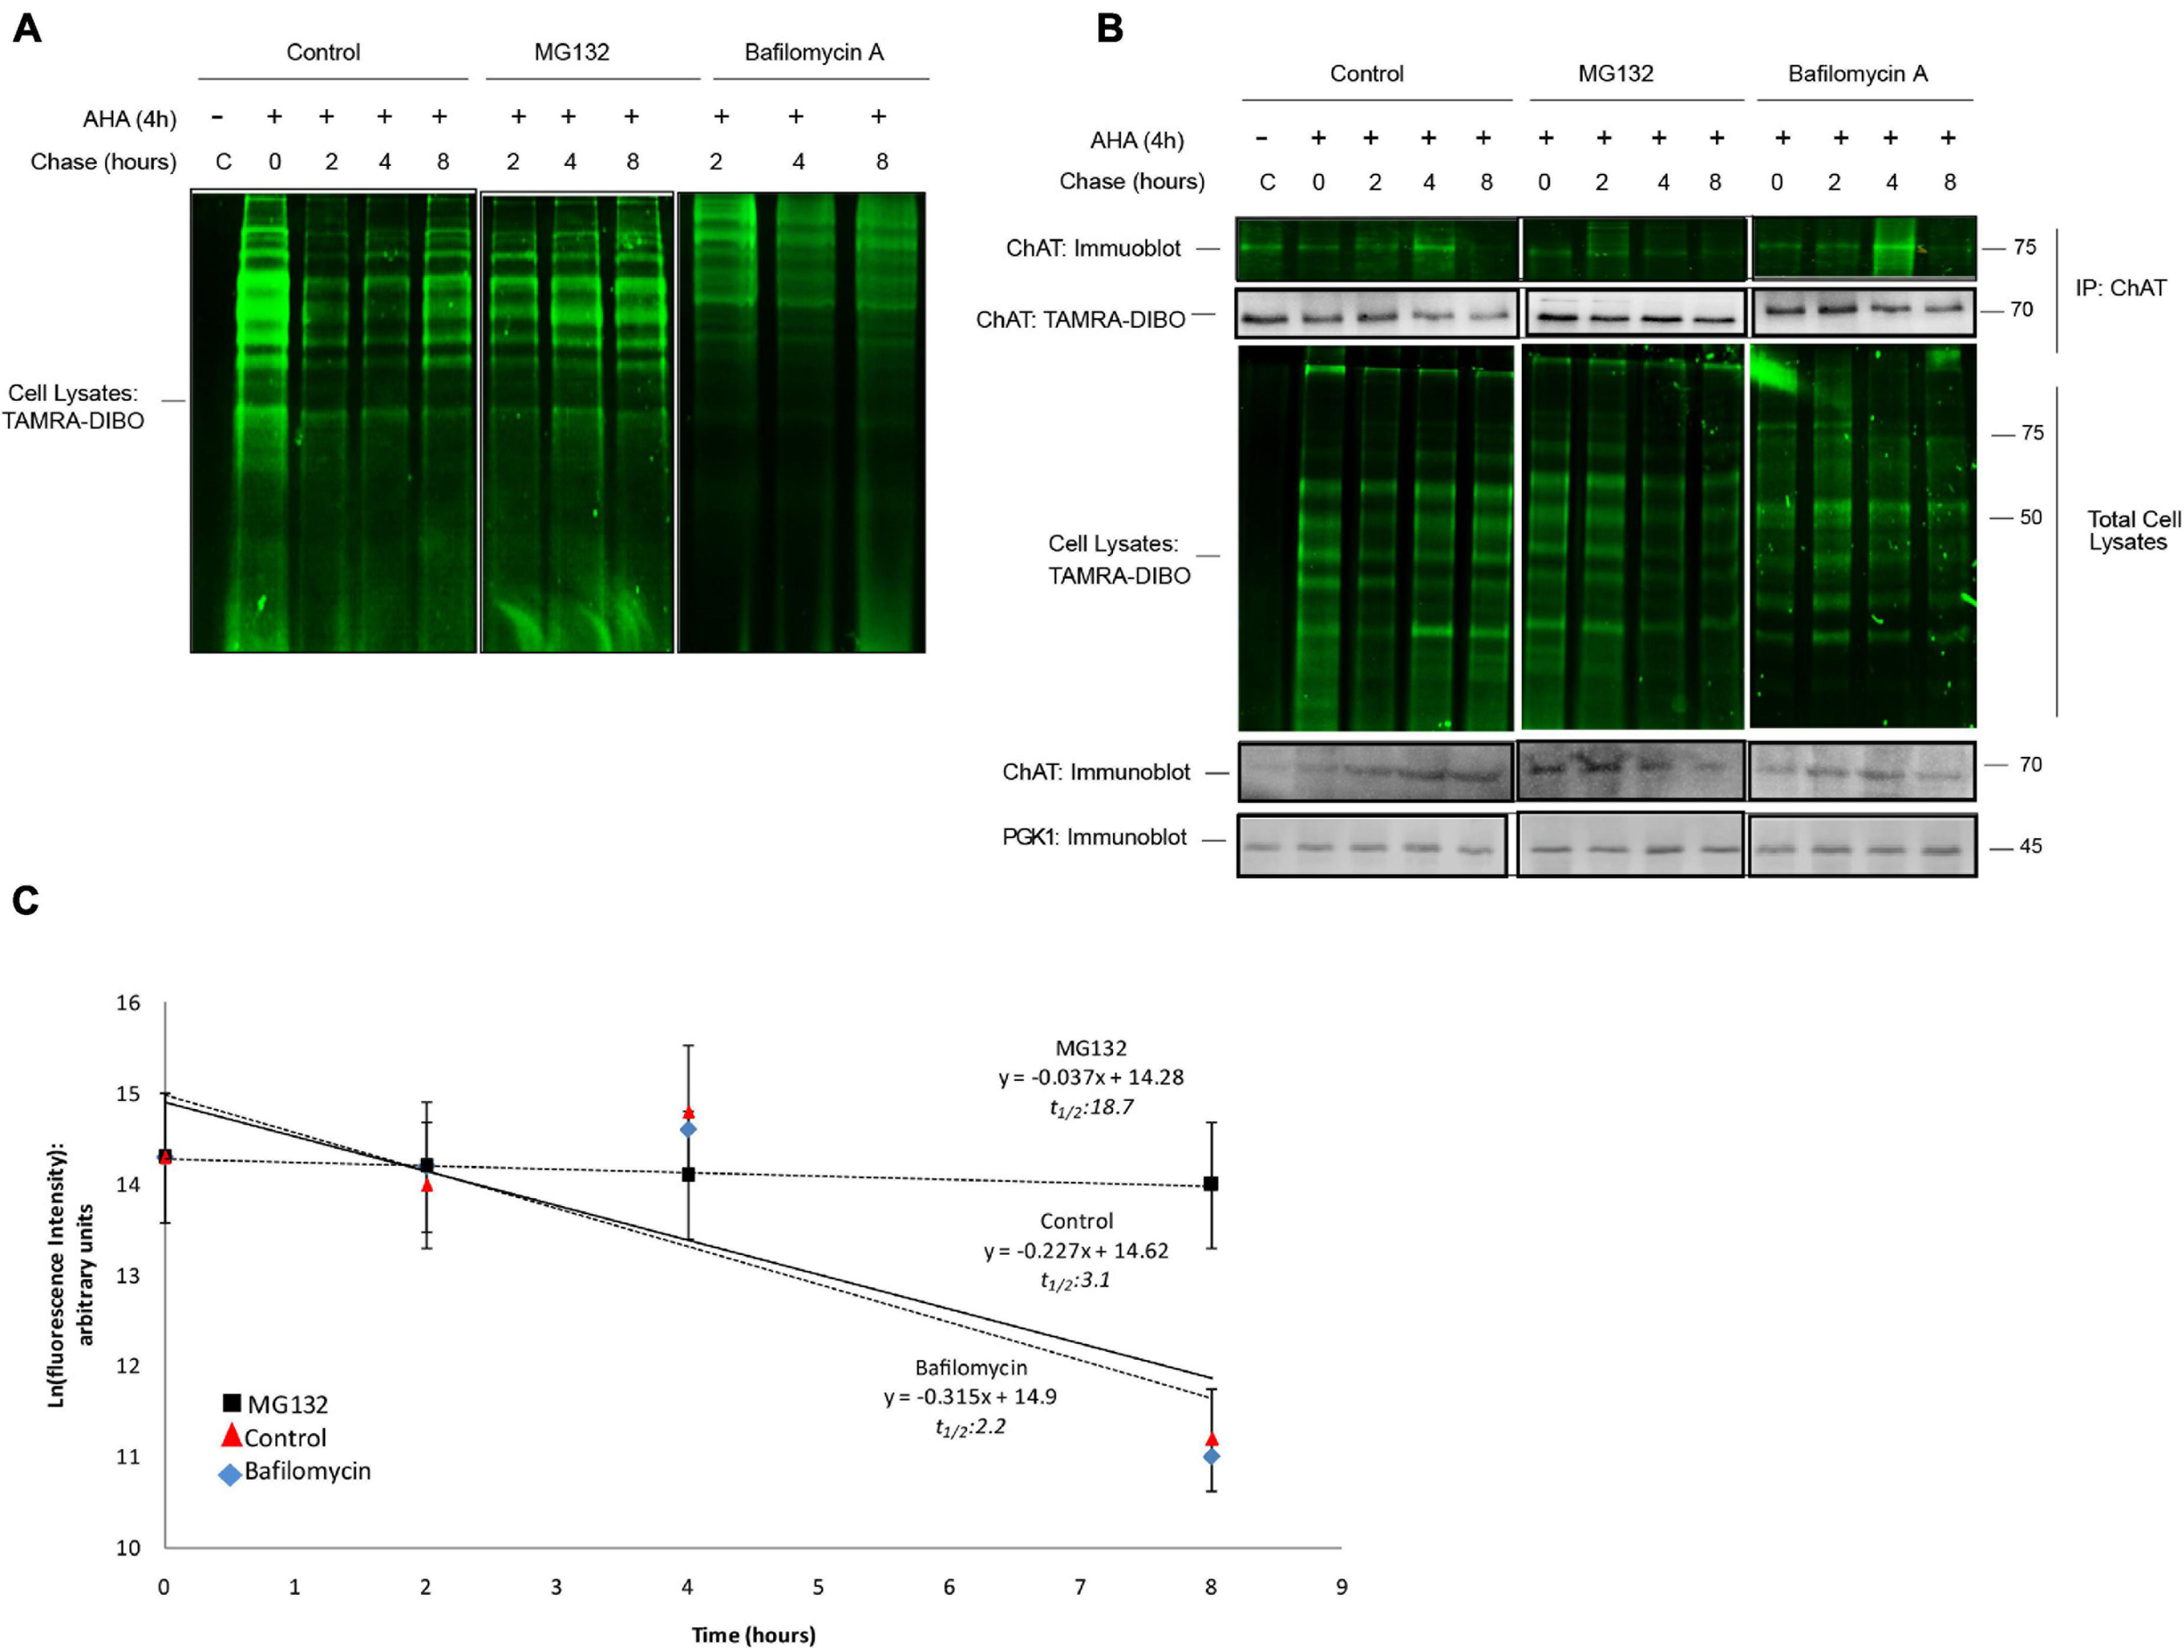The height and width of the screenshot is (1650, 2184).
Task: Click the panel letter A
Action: tap(27, 29)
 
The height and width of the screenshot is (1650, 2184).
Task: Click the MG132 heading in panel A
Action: tap(570, 52)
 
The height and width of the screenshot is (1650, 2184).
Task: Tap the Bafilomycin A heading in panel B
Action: tap(1857, 74)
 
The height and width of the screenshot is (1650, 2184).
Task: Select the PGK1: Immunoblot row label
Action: tap(1094, 837)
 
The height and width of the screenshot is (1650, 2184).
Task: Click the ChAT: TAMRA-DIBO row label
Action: tap(1080, 320)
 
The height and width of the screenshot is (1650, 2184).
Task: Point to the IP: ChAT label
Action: tap(2120, 288)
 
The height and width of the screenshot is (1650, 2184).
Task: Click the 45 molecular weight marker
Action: tap(2029, 846)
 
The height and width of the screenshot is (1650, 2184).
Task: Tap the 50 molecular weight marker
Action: tap(2030, 517)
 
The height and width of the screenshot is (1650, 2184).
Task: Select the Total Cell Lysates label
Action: tap(2132, 530)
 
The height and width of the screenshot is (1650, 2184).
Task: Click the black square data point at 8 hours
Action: tap(1212, 1184)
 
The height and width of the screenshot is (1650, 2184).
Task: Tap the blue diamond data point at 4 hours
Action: tap(688, 1128)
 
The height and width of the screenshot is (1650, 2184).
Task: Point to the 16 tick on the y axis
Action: tap(128, 1003)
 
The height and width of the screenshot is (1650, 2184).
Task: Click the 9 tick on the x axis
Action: tap(1341, 1587)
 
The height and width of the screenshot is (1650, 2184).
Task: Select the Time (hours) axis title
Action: tap(753, 1635)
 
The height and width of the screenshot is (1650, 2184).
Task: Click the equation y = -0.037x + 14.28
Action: tap(1091, 1078)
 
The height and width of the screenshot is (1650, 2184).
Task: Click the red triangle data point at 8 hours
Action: tap(1212, 1439)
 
